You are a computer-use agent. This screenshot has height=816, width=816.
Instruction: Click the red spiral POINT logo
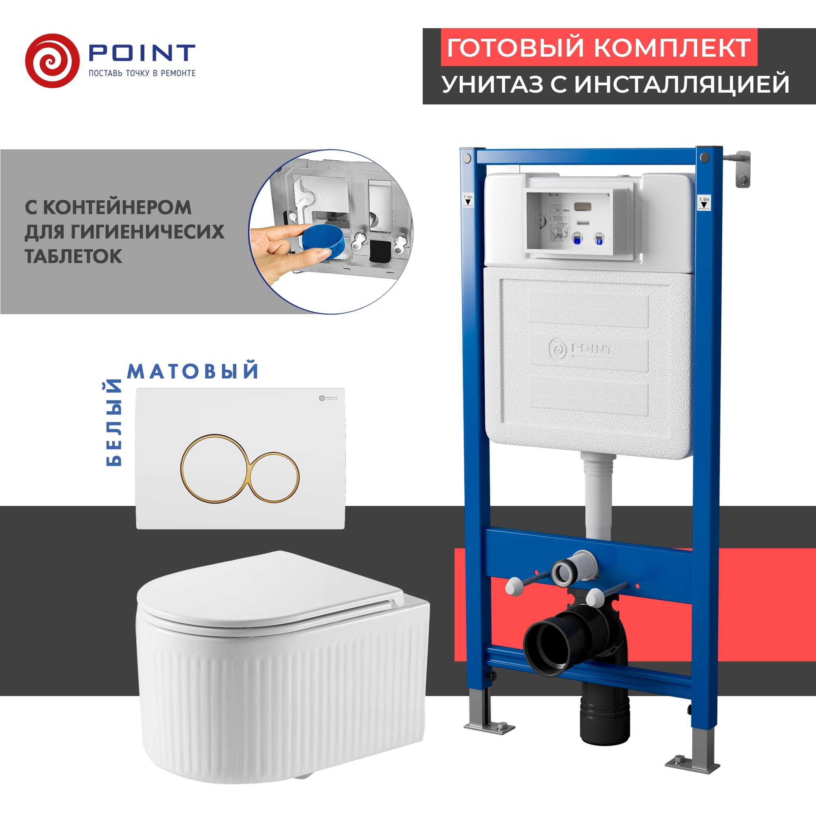(52, 61)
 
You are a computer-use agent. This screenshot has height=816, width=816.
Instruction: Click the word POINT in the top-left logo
(142, 53)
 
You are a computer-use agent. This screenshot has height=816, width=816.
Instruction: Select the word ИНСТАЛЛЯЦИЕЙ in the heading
(682, 84)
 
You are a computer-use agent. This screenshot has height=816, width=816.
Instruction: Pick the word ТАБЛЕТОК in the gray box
(73, 256)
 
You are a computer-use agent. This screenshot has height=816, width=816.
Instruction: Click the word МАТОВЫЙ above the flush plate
(193, 371)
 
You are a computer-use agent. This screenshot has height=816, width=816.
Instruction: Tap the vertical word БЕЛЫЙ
(113, 423)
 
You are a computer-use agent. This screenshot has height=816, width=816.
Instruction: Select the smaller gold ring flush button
(274, 478)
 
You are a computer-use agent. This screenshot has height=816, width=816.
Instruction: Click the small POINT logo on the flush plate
(328, 398)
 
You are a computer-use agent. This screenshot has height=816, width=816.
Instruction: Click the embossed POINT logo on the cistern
(580, 349)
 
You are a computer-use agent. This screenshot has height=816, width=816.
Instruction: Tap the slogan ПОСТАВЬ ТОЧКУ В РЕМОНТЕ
(142, 73)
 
